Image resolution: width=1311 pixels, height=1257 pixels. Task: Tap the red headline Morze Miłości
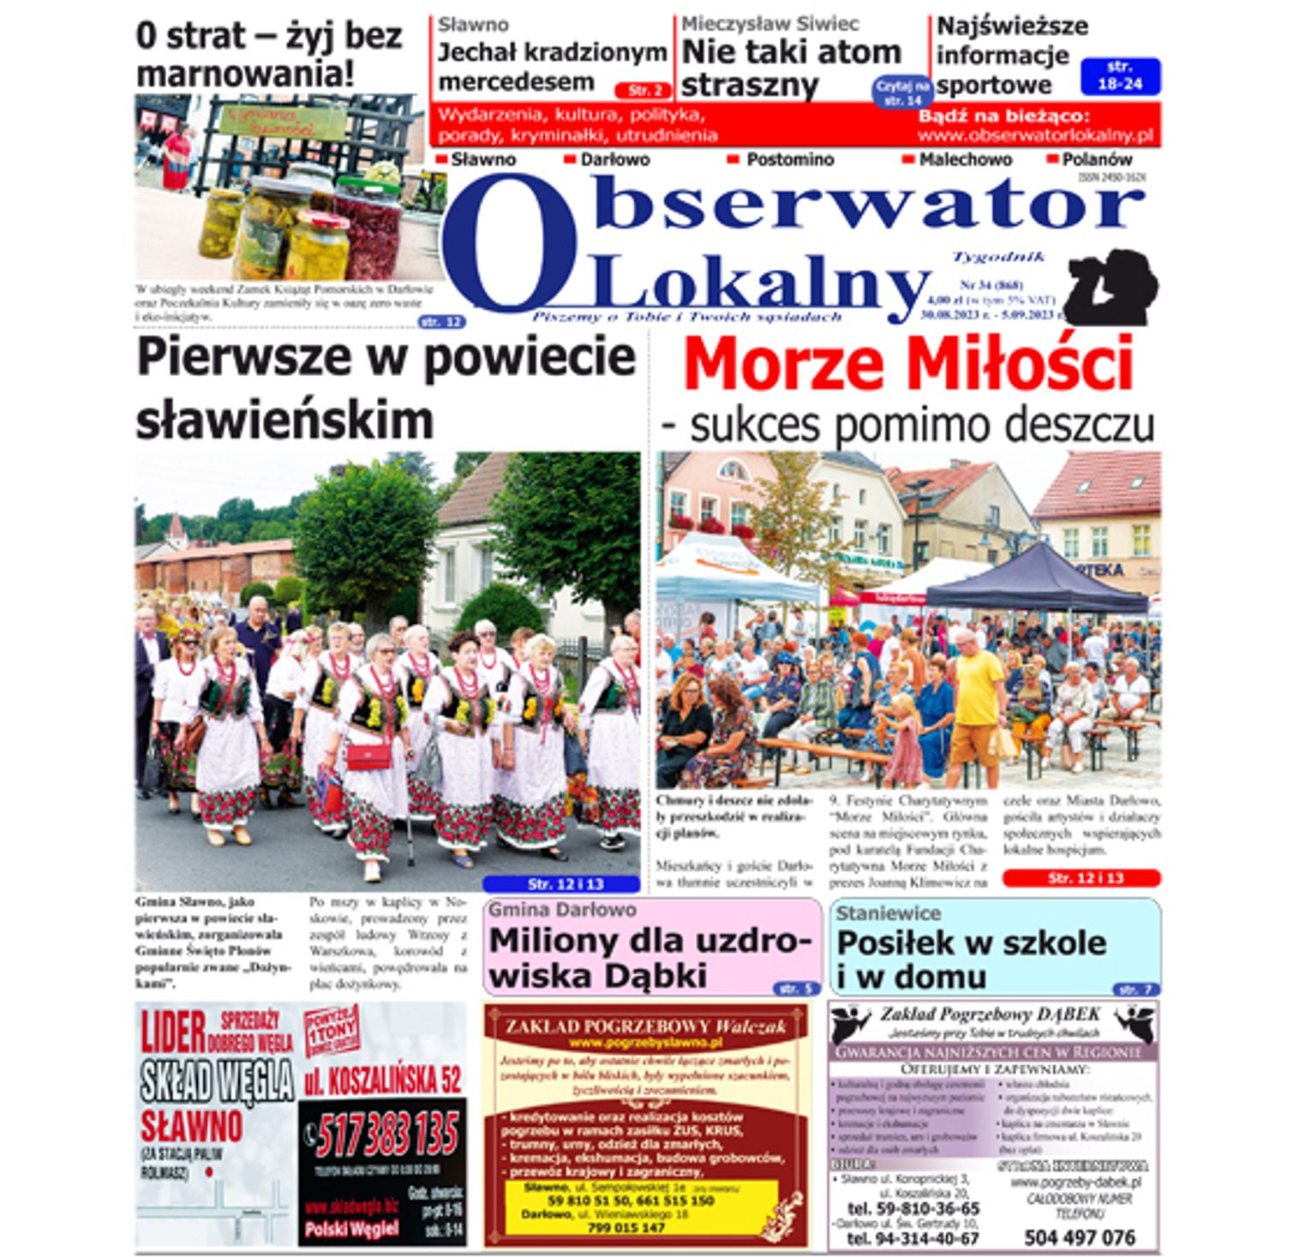click(907, 365)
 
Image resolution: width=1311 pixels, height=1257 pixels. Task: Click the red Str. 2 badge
click(642, 91)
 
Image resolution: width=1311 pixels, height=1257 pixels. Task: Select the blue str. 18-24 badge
click(1120, 76)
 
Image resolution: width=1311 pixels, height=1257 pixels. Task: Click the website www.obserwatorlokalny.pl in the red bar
click(1035, 135)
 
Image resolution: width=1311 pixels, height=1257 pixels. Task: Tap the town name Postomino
click(789, 160)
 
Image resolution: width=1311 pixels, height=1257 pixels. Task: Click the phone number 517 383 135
click(387, 1136)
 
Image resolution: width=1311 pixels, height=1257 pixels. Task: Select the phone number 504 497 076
click(1079, 1237)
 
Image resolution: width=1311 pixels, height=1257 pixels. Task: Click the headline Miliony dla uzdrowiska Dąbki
click(649, 958)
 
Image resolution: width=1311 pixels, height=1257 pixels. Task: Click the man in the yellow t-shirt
click(976, 703)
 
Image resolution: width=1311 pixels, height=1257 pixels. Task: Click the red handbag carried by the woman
click(368, 756)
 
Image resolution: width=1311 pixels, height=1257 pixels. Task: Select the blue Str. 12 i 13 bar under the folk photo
click(560, 884)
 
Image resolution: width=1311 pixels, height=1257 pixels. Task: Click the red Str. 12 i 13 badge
click(1081, 878)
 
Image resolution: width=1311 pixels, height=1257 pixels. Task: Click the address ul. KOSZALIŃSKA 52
click(382, 1080)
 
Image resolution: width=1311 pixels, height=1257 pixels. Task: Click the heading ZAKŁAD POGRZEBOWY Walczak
click(645, 1026)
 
